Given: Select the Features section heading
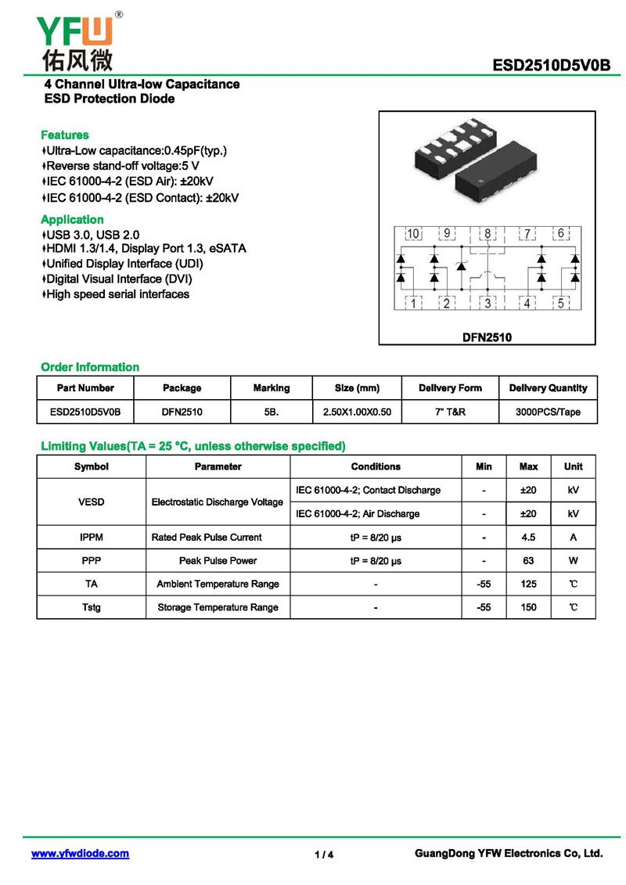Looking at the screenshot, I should point(65,135).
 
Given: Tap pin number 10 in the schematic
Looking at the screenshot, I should point(412,233).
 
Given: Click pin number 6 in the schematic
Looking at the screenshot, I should point(561,233).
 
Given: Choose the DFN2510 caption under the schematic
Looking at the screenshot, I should point(487,337).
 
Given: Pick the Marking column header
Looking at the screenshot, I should point(272,388).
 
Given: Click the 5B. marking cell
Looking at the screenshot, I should point(272,412).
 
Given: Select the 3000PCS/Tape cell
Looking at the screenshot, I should point(548,412).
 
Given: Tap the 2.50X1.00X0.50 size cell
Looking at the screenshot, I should point(357,412).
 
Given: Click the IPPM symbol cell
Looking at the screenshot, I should point(92,538).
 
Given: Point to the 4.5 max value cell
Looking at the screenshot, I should point(528,538).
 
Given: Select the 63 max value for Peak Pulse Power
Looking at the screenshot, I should point(528,561).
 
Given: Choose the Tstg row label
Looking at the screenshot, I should point(92,608).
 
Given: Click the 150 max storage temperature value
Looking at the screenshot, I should point(528,608).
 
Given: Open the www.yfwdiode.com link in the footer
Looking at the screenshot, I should point(80,854).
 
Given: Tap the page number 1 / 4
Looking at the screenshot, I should point(324,854).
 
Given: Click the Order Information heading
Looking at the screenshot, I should point(90,367).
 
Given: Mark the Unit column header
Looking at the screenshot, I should point(573,466).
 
